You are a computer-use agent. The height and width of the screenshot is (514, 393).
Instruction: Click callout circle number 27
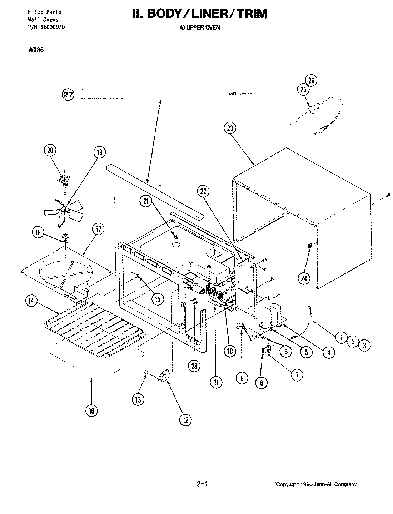[68, 95]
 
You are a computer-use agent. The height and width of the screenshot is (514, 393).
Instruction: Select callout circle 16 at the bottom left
[91, 411]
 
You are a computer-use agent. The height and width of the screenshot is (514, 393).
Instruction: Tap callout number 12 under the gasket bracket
[185, 419]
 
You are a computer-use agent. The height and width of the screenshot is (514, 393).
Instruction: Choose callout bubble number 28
[195, 366]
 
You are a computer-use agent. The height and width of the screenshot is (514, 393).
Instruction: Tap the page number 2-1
[202, 484]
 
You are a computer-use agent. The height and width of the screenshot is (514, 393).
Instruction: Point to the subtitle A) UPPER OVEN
[199, 27]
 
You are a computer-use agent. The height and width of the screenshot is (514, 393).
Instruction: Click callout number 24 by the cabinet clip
[304, 279]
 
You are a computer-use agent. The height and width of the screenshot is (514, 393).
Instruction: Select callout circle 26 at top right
[311, 81]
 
